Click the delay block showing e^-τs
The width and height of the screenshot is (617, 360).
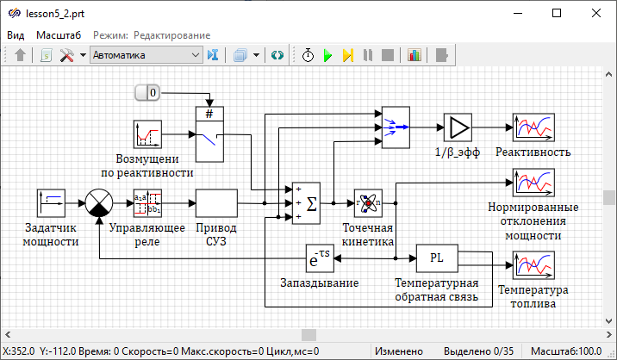point(320,258)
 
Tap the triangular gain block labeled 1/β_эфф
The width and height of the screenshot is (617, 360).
point(458,127)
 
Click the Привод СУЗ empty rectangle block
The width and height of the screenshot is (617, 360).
point(216,202)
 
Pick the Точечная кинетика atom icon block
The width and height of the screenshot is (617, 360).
point(369,202)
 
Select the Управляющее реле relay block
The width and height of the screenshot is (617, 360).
point(147,202)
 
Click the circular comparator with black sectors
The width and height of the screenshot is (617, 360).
point(100,202)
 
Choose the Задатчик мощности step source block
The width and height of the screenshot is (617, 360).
point(52,202)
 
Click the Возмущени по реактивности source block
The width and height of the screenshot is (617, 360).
point(147,134)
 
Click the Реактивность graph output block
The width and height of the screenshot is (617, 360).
point(533,127)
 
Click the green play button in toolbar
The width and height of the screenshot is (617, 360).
point(327,55)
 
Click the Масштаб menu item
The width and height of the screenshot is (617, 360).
point(58,34)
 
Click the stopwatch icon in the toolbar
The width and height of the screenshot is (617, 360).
point(308,55)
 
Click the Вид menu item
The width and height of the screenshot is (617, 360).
point(16,34)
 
